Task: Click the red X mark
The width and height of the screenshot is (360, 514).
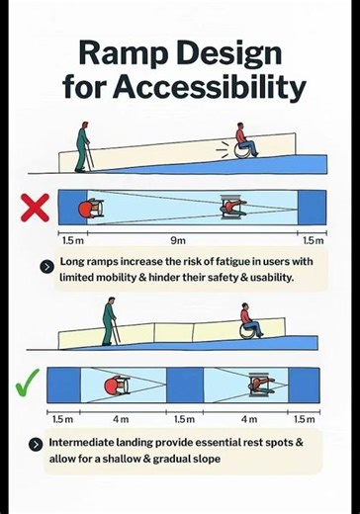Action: coord(35,208)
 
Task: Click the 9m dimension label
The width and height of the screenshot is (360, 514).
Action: coord(177,240)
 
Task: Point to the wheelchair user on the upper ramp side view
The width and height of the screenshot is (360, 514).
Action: coord(244,140)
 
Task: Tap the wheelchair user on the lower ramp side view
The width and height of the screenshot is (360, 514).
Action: coord(250,321)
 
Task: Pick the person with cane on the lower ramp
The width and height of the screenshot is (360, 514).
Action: coord(109,322)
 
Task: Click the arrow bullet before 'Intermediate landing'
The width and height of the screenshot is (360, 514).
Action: coord(37,444)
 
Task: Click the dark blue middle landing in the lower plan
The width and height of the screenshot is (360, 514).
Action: coord(184,384)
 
